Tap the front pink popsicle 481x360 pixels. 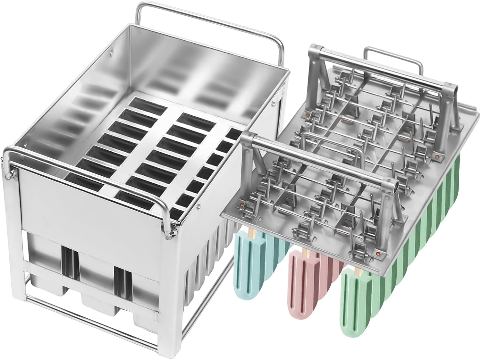pyautogui.click(x=303, y=282)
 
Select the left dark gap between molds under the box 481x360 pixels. pyautogui.click(x=70, y=260)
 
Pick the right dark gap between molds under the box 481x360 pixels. pyautogui.click(x=123, y=279)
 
